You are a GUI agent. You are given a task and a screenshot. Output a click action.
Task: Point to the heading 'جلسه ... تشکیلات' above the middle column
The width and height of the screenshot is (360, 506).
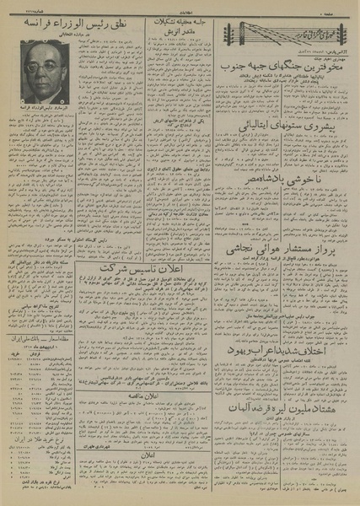pyautogui.click(x=178, y=20)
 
